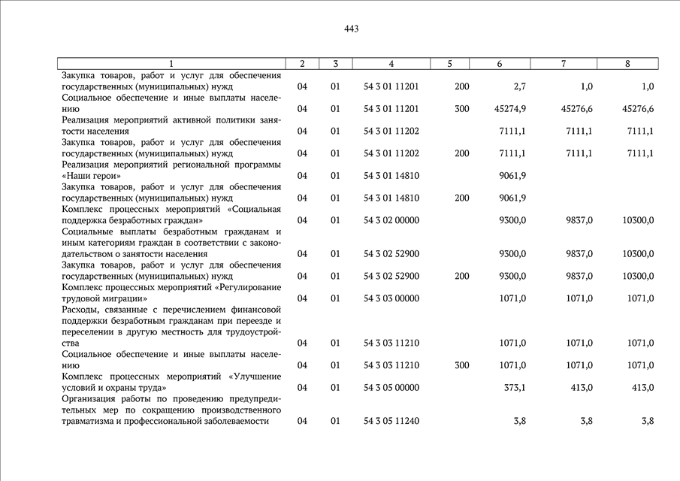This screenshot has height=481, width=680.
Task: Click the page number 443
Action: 352,29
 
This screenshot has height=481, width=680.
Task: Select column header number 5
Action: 449,64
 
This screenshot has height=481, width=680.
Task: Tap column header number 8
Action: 627,64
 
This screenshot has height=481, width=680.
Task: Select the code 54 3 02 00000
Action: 391,220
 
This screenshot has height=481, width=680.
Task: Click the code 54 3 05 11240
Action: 391,421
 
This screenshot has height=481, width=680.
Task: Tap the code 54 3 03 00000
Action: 391,298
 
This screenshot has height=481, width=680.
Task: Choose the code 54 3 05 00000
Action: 391,388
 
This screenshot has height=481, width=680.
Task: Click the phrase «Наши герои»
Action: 92,176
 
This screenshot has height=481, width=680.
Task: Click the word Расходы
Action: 81,310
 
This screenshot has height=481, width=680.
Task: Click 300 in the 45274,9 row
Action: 461,109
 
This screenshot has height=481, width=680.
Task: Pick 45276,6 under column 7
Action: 576,109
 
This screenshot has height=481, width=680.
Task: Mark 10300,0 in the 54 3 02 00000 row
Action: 638,220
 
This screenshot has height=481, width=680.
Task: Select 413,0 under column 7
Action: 579,388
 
